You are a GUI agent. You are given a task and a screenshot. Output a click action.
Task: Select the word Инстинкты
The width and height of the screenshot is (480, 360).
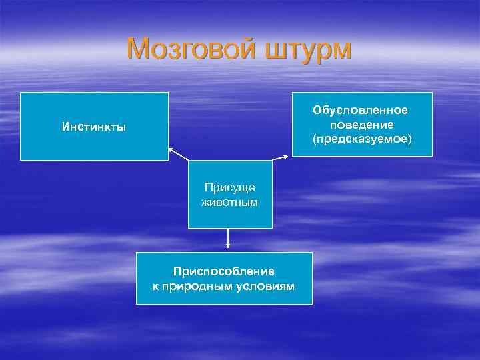coord(94,127)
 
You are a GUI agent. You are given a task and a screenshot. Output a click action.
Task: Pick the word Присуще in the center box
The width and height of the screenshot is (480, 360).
coord(230,188)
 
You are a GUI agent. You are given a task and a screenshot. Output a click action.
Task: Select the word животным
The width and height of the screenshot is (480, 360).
coord(230,201)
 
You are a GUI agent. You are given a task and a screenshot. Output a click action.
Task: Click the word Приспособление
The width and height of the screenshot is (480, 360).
coord(224,271)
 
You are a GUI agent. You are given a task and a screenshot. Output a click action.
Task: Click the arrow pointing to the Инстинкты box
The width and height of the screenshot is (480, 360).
coord(178,154)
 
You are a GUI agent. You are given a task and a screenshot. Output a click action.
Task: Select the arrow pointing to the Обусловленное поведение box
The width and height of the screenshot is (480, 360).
coord(280,159)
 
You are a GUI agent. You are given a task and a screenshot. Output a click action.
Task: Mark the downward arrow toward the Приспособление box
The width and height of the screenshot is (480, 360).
coord(228,239)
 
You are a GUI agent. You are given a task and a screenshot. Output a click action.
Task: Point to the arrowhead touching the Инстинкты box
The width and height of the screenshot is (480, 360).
coord(170,149)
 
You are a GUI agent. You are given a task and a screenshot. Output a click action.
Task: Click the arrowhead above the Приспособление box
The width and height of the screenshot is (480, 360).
coord(228,247)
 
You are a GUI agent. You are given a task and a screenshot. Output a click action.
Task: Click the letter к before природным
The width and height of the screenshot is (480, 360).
coord(157,285)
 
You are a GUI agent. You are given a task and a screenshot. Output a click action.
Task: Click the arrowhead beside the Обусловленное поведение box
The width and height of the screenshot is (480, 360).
coord(287,157)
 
